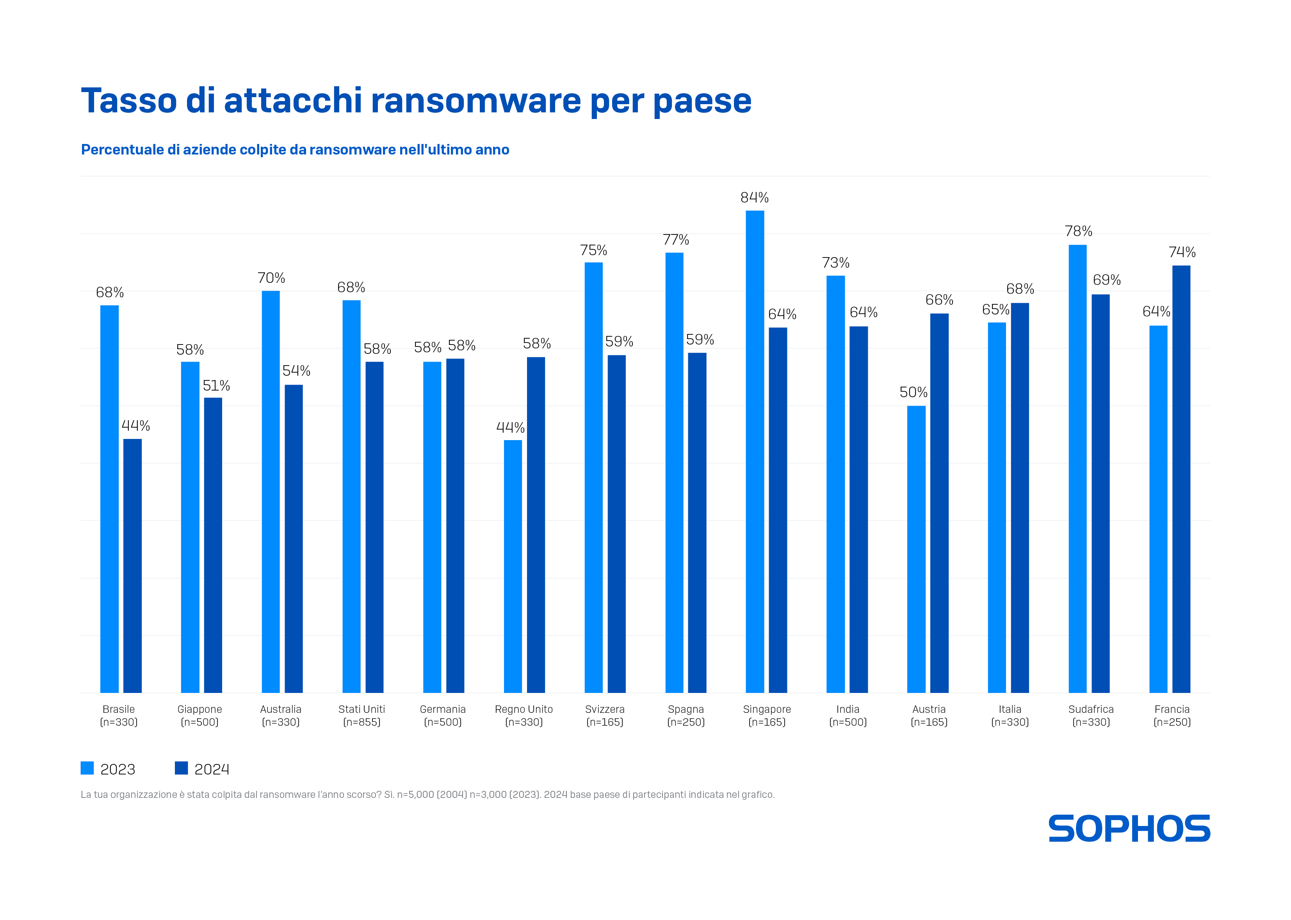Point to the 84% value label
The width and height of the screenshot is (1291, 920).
click(754, 198)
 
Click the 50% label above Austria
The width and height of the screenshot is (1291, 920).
click(913, 392)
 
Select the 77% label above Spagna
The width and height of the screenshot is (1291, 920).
click(675, 240)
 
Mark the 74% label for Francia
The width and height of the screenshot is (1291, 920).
click(1182, 252)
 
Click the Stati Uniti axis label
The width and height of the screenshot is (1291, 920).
click(361, 709)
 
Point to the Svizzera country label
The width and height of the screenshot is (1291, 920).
click(605, 709)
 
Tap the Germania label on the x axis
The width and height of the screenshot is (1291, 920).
click(443, 709)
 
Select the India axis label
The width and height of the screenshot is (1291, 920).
click(848, 709)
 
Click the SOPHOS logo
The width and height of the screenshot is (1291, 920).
click(1129, 828)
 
